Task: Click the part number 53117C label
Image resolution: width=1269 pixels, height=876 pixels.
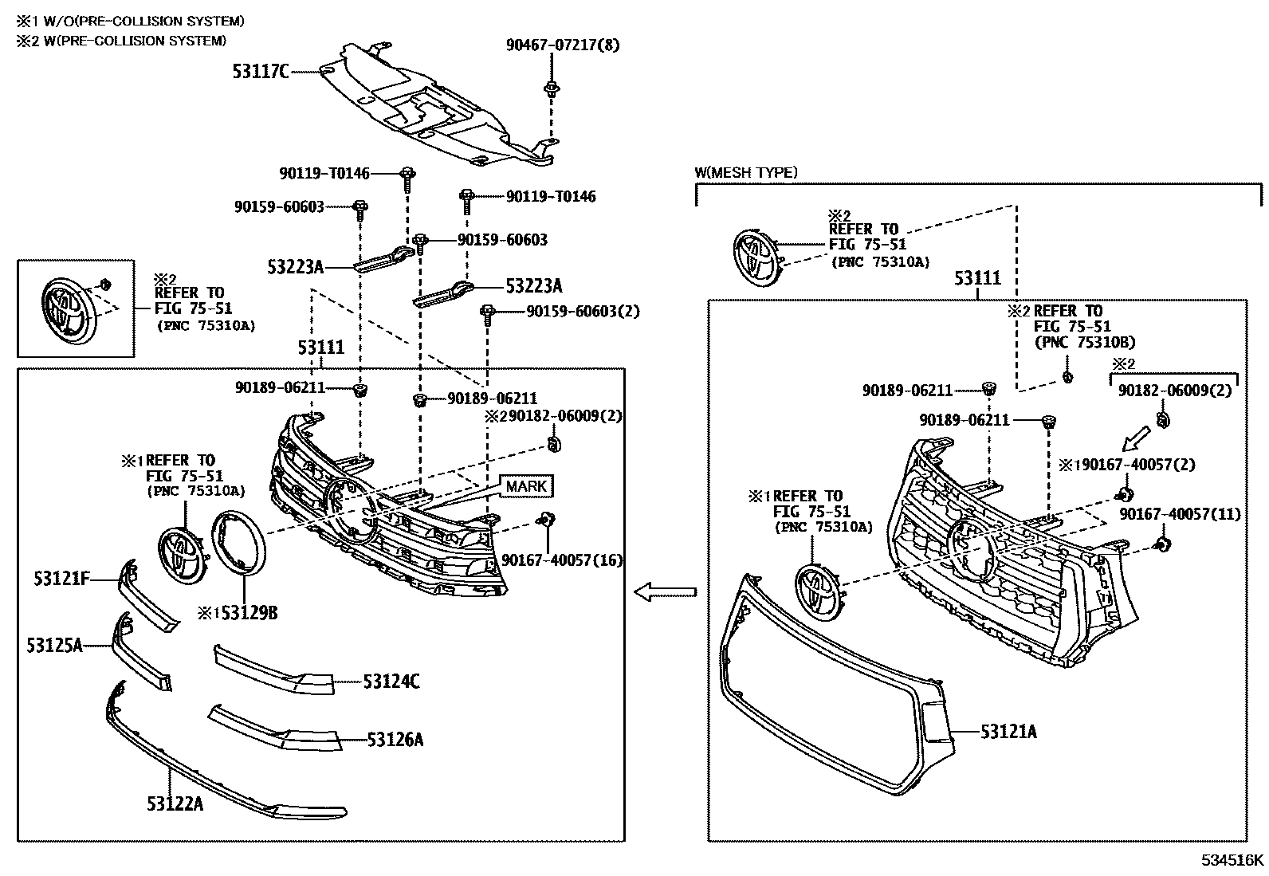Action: pos(261,72)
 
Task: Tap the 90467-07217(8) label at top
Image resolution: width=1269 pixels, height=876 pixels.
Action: pos(562,45)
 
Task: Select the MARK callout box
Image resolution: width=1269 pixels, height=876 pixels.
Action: pos(526,486)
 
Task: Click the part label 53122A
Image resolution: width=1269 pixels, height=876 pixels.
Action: pos(175,803)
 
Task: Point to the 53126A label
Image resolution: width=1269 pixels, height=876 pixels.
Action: pos(395,740)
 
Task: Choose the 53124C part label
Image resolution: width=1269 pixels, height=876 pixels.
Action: pos(391,682)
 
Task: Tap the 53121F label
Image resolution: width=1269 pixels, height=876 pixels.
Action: pos(61,579)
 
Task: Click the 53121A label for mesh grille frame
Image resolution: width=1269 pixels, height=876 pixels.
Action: pos(1008,731)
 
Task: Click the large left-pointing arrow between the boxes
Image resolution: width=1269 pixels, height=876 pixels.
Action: pos(666,591)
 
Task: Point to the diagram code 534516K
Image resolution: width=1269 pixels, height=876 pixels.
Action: pos(1233,860)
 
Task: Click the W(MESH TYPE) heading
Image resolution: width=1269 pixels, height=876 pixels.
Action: pos(745,172)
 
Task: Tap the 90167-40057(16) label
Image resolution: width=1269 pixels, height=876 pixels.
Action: pos(562,560)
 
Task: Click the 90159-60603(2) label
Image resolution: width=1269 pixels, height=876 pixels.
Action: pos(572,312)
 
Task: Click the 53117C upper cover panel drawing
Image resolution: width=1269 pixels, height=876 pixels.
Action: pos(430,108)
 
